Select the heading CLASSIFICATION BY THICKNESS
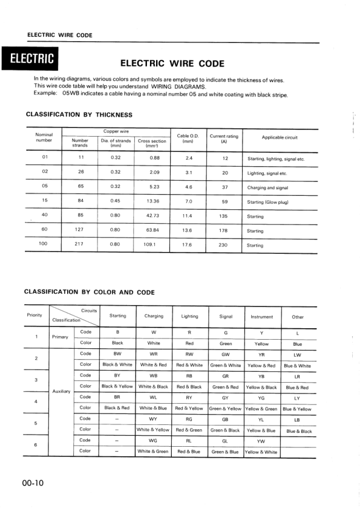[79, 115]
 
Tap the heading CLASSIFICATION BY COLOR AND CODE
[90, 292]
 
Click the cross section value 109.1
[149, 245]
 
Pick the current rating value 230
[223, 245]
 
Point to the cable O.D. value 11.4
[188, 216]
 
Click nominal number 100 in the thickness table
[43, 244]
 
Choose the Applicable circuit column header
[280, 137]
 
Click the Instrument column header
[261, 316]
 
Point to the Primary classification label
[60, 337]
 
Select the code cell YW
[261, 440]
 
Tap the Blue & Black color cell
[299, 431]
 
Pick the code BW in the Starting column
[117, 353]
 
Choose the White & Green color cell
[153, 452]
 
